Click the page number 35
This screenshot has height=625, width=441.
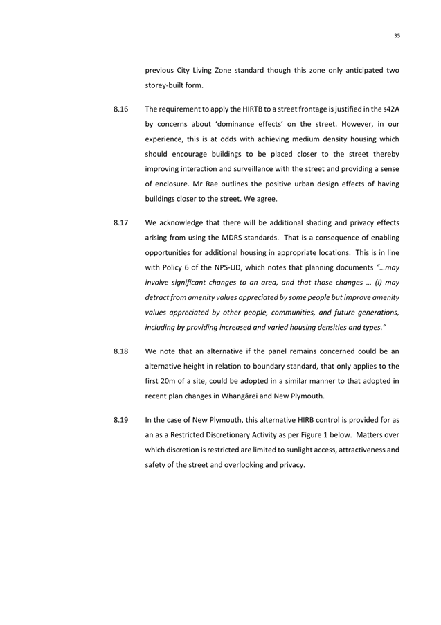point(397,36)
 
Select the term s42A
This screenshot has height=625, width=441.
point(390,109)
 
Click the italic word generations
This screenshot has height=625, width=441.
point(376,312)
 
